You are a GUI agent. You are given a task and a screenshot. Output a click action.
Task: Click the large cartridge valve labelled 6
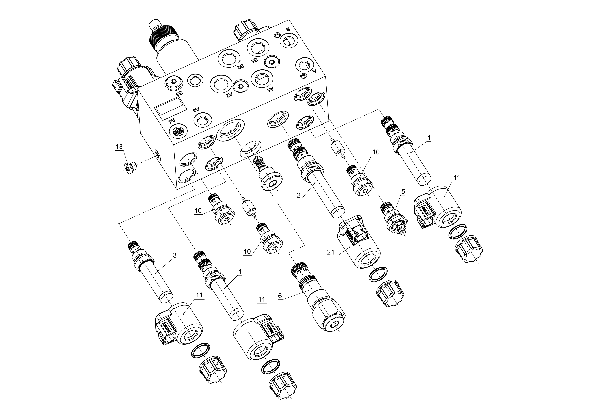pos(317,300)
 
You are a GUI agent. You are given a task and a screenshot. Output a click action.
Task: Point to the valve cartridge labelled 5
pos(394,219)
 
